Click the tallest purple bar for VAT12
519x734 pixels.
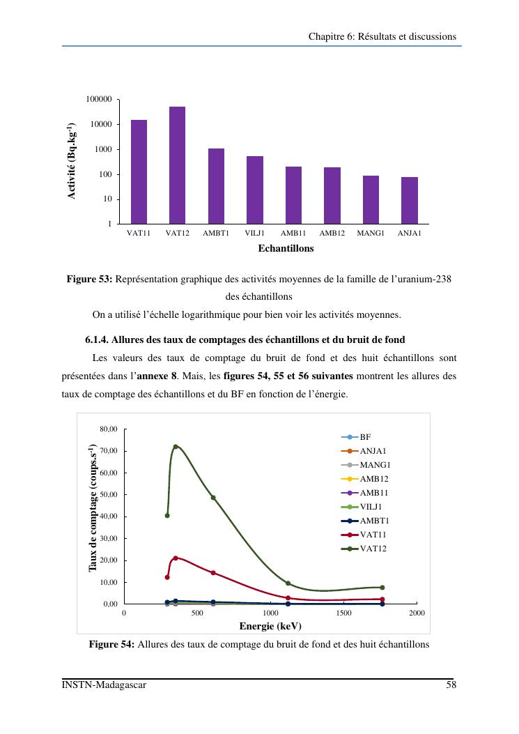tap(177, 165)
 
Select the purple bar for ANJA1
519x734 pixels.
tap(410, 201)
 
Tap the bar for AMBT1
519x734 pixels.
tap(216, 186)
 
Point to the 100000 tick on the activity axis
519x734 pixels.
tap(99, 100)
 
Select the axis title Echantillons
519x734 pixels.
tap(286, 248)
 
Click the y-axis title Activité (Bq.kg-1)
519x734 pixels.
tap(71, 161)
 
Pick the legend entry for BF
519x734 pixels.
tap(365, 437)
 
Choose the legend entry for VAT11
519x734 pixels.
tap(373, 535)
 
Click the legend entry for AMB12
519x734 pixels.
tap(374, 479)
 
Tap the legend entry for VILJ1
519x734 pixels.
tap(371, 507)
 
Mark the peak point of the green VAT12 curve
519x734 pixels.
tap(176, 446)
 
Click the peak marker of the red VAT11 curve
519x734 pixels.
tap(176, 558)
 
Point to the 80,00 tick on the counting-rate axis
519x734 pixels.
tap(109, 429)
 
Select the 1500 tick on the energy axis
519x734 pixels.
tap(343, 613)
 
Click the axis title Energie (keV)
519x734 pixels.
tap(270, 626)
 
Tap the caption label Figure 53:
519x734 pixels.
tap(89, 280)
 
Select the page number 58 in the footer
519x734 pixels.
tap(451, 685)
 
